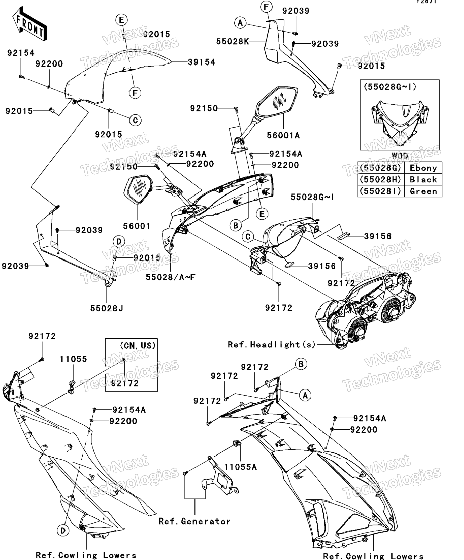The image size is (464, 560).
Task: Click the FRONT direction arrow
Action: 30,24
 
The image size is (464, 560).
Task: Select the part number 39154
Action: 201,62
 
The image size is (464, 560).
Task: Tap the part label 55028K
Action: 232,41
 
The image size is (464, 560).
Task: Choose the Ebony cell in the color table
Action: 423,168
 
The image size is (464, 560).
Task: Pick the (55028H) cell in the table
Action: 380,180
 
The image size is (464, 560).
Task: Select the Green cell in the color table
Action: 423,191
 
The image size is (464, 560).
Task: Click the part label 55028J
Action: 107,308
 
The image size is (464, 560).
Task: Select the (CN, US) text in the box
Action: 138,346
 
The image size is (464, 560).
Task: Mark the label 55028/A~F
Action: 171,277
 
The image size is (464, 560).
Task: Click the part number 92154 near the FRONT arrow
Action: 21,53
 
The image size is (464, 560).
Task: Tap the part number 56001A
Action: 283,135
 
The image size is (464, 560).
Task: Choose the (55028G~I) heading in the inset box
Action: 390,87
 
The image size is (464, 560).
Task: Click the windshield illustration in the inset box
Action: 400,121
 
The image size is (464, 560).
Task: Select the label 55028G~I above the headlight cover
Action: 312,197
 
